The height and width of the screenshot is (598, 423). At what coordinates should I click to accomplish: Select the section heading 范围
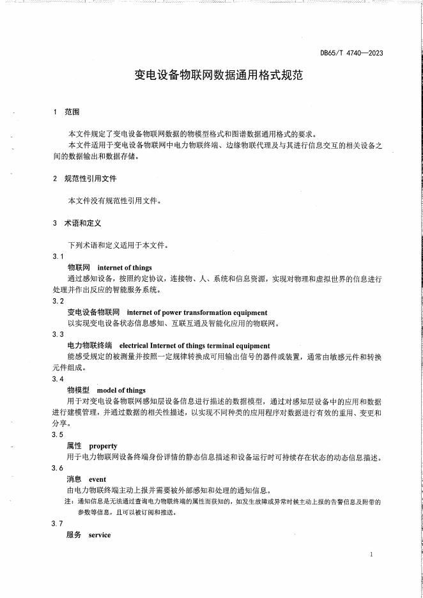tap(72, 112)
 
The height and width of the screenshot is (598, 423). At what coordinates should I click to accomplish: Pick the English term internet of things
tap(125, 268)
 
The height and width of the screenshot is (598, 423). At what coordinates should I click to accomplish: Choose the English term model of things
tap(121, 390)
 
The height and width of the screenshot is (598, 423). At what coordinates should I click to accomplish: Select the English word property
tap(103, 446)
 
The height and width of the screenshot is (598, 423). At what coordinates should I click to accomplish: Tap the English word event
tap(98, 479)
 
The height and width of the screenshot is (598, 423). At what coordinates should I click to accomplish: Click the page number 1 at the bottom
tap(371, 555)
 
